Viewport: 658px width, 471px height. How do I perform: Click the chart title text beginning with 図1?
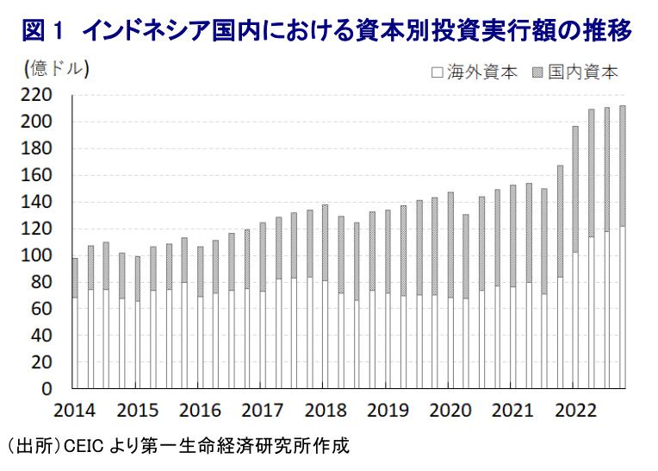(x=326, y=32)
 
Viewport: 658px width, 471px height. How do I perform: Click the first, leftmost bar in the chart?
(x=75, y=323)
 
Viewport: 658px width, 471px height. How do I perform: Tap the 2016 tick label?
(x=199, y=408)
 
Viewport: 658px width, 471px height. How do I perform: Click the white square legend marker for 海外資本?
(x=438, y=72)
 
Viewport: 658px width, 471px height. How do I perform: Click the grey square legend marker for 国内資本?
(x=538, y=72)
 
